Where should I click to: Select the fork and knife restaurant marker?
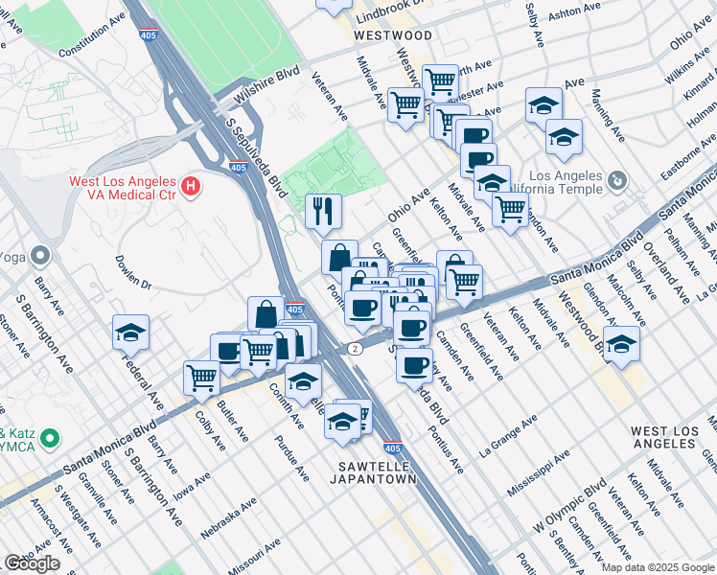click(x=323, y=210)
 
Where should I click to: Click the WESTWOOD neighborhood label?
click(x=392, y=35)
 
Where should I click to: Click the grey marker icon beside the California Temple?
click(x=617, y=179)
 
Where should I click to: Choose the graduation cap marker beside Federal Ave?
click(x=130, y=332)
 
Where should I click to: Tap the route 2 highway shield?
click(x=355, y=348)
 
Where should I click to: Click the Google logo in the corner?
click(x=32, y=563)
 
